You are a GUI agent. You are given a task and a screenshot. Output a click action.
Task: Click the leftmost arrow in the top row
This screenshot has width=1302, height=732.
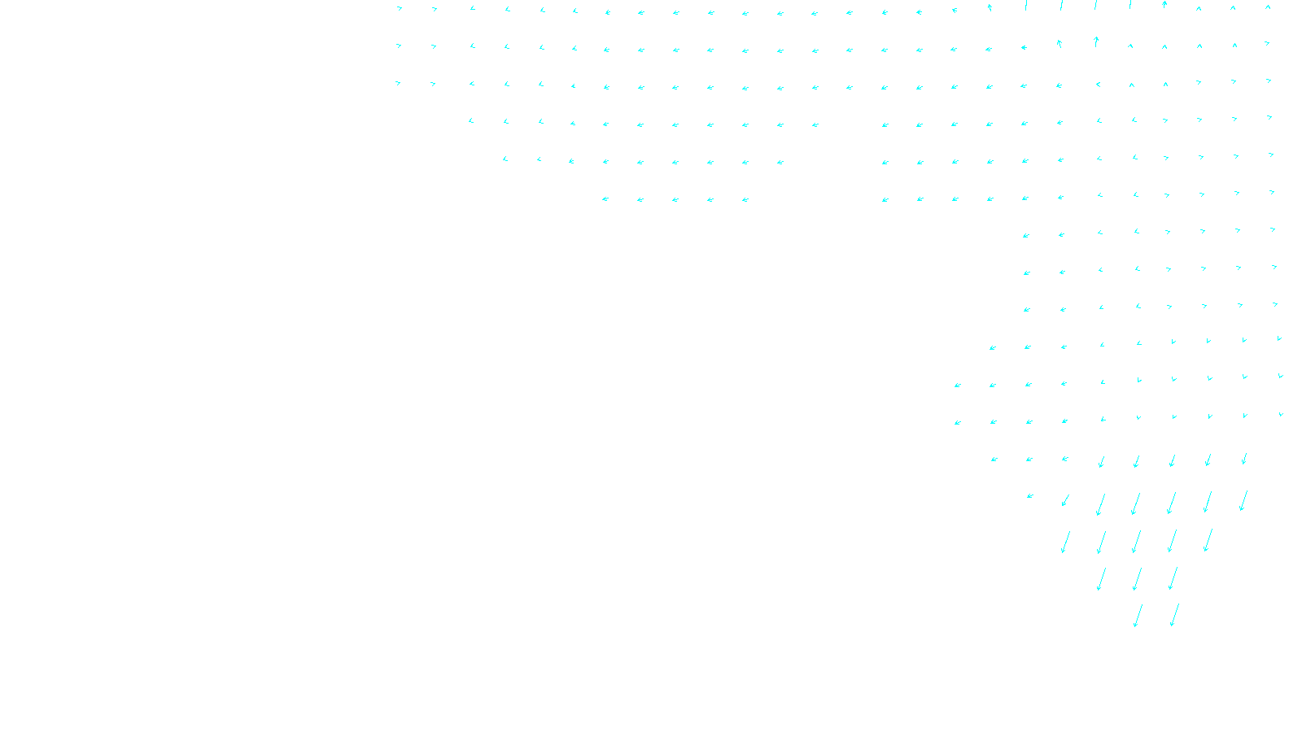click(x=399, y=9)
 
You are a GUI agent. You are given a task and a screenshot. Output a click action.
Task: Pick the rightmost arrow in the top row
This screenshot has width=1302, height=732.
click(x=1268, y=8)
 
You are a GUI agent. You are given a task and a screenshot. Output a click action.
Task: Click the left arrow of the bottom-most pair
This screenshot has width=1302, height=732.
click(x=1138, y=616)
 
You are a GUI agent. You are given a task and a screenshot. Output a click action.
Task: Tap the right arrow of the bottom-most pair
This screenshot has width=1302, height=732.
click(x=1173, y=615)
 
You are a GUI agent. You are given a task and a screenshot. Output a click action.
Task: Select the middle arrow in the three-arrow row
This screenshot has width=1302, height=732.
click(x=1137, y=579)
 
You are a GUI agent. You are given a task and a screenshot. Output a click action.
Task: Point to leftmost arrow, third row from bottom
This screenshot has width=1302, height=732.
click(x=1064, y=542)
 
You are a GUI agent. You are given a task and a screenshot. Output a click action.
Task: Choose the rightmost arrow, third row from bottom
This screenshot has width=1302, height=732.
click(x=1208, y=540)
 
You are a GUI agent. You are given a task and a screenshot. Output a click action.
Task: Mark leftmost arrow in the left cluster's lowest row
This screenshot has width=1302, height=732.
click(x=605, y=199)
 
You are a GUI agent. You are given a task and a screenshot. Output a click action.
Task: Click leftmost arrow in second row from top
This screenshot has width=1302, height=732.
click(x=399, y=46)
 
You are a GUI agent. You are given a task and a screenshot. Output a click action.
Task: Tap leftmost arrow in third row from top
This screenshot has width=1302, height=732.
click(x=398, y=83)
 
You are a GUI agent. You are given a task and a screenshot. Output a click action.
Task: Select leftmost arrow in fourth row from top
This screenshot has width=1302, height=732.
click(x=471, y=121)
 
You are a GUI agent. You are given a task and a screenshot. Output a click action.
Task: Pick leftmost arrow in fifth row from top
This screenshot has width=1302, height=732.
click(x=505, y=159)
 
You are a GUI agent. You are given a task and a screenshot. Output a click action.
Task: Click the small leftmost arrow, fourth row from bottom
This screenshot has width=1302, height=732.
click(x=1029, y=496)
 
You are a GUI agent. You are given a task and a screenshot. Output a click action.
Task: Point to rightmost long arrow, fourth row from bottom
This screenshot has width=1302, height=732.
click(x=1243, y=500)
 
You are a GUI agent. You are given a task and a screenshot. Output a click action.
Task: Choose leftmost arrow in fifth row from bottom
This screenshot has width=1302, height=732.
click(x=994, y=460)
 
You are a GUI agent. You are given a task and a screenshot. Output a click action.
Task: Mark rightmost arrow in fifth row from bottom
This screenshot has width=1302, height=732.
click(x=1244, y=460)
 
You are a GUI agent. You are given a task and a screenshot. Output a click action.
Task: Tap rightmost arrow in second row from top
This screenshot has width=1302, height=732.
click(x=1267, y=43)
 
